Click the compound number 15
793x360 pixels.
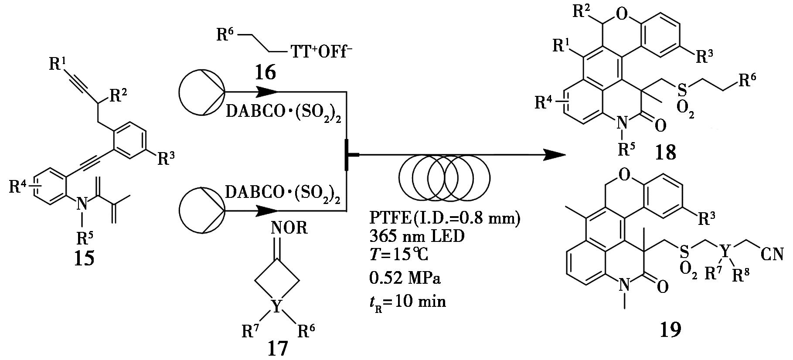85,258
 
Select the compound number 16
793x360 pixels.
265,72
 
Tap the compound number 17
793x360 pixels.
278,349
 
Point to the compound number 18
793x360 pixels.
665,152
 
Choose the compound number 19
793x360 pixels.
670,330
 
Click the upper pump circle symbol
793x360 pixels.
201,92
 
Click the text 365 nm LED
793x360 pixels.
416,237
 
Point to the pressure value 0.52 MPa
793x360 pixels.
405,278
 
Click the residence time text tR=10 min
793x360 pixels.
407,301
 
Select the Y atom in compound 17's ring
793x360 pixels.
276,304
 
